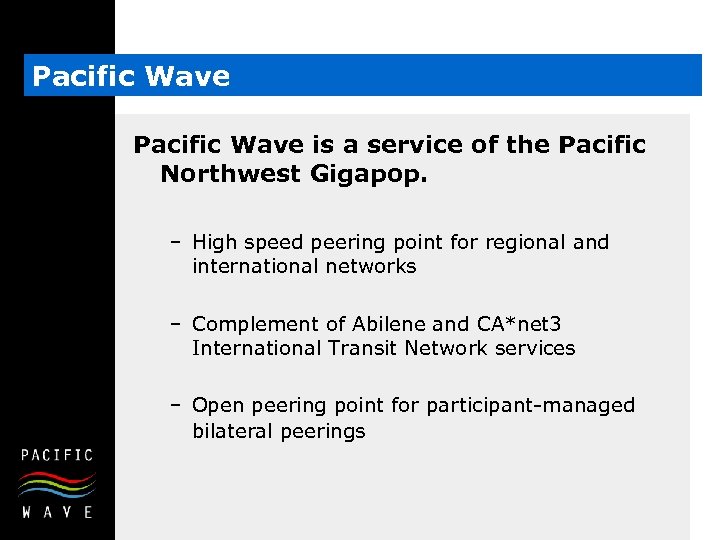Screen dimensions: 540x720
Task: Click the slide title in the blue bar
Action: (x=131, y=77)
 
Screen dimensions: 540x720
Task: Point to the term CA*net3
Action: (x=520, y=323)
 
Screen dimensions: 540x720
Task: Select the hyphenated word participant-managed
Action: (x=530, y=405)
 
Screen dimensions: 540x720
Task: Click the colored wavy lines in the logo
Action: (x=57, y=485)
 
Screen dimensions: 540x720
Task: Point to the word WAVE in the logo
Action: (x=57, y=511)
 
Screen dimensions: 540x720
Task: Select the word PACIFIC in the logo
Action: (x=57, y=455)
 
